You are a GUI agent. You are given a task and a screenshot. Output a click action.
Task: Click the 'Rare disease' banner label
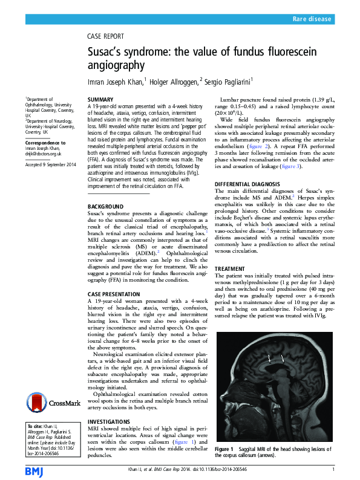coord(312,19)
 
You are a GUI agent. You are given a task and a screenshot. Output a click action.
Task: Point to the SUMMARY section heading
coord(100,99)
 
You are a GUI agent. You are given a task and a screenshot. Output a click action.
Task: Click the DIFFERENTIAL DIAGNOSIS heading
coord(248,183)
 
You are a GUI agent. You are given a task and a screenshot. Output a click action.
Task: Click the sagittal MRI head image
coord(274,382)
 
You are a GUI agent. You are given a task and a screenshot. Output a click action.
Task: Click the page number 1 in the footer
coord(333,469)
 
